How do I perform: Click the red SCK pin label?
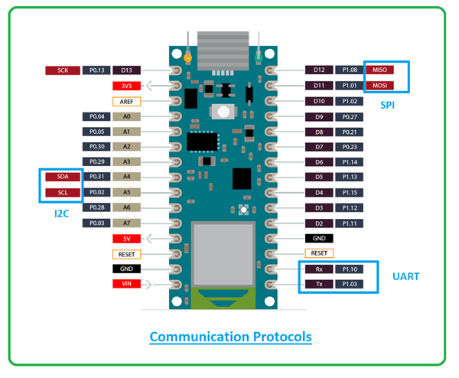coord(62,70)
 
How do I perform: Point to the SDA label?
coord(62,177)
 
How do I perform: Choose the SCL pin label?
coord(62,192)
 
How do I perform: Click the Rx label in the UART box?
coord(319,269)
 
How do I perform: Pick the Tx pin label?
coord(319,284)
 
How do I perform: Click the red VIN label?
coord(126,284)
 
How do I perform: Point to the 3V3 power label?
coord(126,86)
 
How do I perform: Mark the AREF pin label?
coord(126,101)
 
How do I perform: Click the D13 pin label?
coord(126,70)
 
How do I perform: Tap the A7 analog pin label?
coord(126,223)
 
